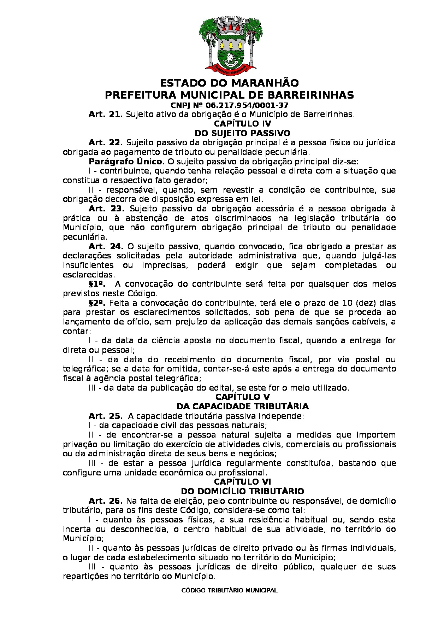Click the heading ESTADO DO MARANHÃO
pos(229,83)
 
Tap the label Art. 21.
pos(105,115)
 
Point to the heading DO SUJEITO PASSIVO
pos(242,133)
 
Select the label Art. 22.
pos(105,143)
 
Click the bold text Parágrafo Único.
pos(126,162)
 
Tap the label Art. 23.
pos(106,209)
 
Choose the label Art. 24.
pos(106,246)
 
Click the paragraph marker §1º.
pos(97,284)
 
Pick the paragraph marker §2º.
pos(97,303)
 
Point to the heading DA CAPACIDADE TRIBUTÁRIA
pos(242,406)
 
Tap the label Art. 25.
pos(105,416)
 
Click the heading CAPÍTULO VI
pos(242,482)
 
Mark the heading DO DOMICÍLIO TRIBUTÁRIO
pos(242,491)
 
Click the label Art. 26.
pos(105,501)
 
